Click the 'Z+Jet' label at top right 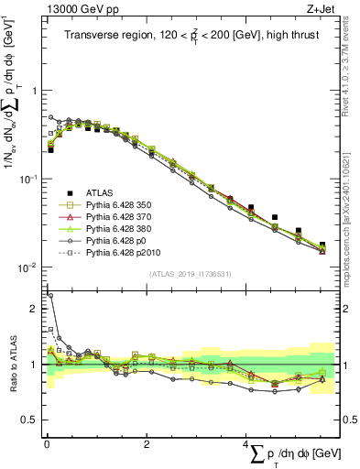320,10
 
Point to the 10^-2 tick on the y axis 27,267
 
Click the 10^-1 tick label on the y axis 27,179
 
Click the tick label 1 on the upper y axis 35,91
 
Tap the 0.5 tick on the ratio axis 31,420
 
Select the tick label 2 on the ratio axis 35,309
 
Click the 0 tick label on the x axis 47,443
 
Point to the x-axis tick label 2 147,443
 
